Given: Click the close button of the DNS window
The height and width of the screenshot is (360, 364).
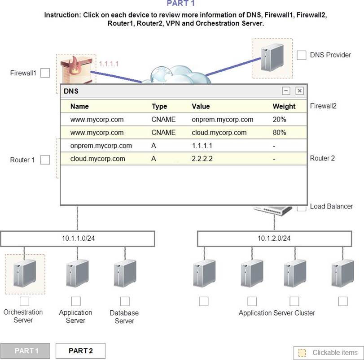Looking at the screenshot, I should coord(299,91).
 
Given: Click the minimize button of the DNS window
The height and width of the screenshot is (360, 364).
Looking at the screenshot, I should coord(286,91).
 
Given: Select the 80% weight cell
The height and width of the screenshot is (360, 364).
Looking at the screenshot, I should coord(279,133).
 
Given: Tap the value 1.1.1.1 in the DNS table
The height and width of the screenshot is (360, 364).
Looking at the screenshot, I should coord(202,146).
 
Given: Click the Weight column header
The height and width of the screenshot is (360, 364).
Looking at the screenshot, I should coord(284,106).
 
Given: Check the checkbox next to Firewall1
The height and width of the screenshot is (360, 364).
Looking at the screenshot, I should coord(45,73).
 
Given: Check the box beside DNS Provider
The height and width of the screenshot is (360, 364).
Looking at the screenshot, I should coord(302,55).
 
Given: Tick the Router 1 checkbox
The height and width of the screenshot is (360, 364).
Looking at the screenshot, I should coord(45,160).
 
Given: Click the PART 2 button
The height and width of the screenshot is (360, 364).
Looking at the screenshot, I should coord(81,351).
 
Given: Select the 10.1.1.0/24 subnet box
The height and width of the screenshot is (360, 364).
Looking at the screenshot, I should coord(78,239).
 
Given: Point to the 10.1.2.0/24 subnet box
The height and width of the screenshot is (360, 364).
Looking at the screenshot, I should coord(274,239).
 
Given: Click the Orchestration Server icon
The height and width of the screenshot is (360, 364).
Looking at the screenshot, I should coord(25,274).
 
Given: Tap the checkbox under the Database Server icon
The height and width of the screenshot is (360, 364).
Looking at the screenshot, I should coord(125,301).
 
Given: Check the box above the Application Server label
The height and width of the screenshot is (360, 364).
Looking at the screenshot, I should coord(76,301).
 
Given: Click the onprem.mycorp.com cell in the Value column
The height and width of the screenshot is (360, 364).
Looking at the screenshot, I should coord(222,120).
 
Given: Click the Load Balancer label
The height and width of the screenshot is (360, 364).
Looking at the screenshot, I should coord(331,207).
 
